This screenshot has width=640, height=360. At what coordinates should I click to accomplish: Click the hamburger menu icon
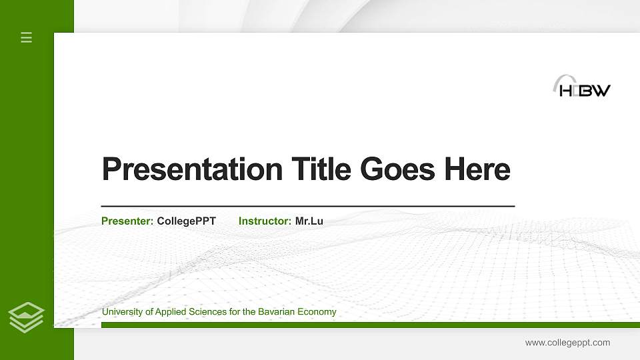point(27,37)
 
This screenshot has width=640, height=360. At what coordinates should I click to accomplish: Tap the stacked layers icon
point(27,317)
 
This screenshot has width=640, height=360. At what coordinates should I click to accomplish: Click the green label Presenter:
point(127,221)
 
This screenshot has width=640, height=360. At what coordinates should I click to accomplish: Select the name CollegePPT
point(186,221)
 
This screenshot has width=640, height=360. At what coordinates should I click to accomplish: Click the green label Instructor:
point(265,221)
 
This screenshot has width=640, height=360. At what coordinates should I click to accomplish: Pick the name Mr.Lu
point(309,221)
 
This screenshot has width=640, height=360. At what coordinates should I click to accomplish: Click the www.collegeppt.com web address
point(567,343)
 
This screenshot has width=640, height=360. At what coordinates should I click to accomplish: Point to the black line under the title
point(307,206)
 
